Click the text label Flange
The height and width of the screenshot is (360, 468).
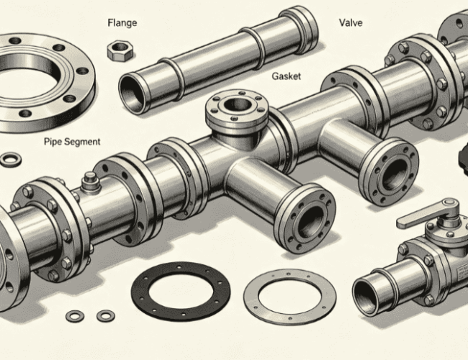tap(122, 23)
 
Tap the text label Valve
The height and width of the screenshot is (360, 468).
tap(351, 23)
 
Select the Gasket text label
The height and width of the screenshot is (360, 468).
tap(287, 76)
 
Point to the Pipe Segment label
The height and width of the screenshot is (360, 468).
tap(72, 141)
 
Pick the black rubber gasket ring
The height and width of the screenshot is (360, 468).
tap(181, 292)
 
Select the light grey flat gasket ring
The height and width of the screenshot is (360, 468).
tap(289, 295)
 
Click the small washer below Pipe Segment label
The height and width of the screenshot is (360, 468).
tap(11, 159)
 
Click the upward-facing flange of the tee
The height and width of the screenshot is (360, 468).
tap(237, 109)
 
